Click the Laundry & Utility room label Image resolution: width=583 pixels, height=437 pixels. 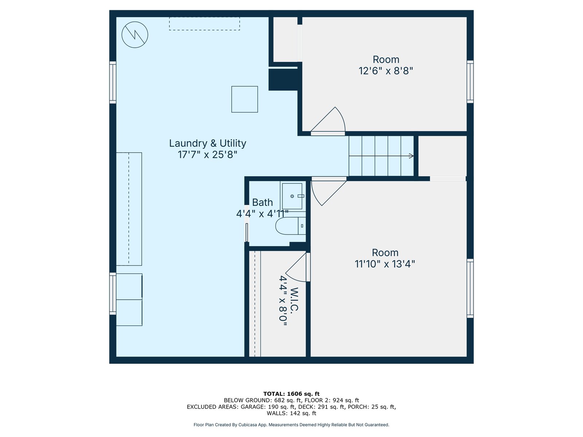207,143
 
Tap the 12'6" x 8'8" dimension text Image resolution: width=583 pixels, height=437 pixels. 386,71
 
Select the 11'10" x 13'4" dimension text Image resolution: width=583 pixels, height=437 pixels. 385,264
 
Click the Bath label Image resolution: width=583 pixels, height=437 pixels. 262,202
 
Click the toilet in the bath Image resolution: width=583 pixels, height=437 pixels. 290,226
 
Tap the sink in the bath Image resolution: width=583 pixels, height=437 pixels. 292,196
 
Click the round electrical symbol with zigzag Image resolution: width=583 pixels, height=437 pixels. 135,35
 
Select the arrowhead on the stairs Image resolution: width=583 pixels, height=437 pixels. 411,156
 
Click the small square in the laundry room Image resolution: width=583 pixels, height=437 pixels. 244,99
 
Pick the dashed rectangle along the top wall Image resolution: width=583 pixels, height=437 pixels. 204,24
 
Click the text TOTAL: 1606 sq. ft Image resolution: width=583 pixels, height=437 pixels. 291,394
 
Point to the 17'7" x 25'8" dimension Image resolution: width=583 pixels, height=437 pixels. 207,154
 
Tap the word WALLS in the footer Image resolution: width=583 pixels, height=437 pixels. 276,413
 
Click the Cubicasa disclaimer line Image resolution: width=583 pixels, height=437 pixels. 291,425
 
